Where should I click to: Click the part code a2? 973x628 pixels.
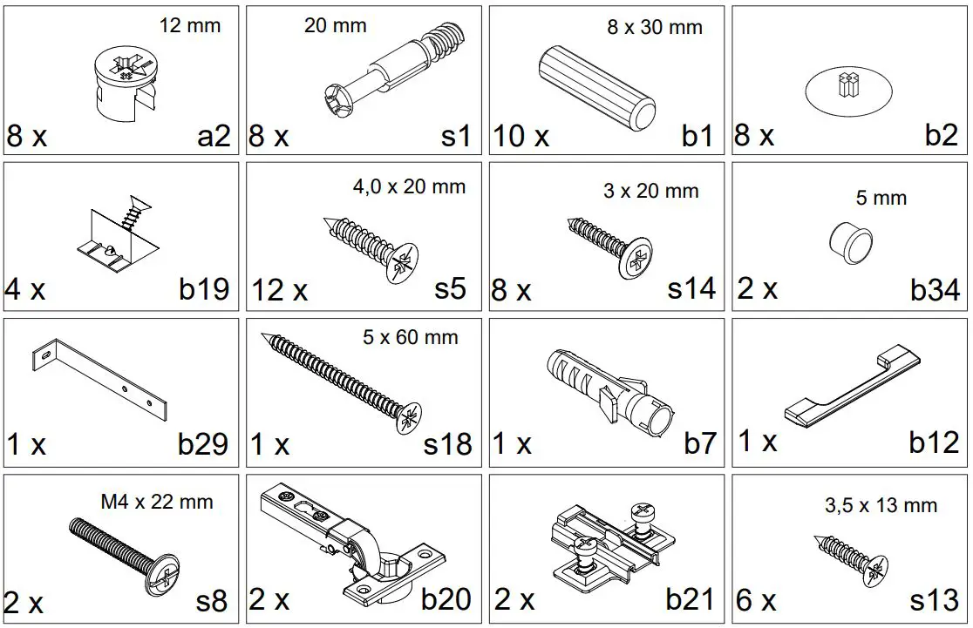point(213,136)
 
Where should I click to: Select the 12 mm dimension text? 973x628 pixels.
point(189,25)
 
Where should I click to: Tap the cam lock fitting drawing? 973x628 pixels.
point(124,84)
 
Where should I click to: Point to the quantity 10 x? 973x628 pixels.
point(521,137)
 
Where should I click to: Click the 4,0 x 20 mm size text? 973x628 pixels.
point(409,186)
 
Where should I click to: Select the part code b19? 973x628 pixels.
point(204,289)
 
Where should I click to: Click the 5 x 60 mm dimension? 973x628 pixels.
point(410,336)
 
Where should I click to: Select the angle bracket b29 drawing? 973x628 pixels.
point(99,381)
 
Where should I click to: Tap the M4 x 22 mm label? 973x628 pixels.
point(157,502)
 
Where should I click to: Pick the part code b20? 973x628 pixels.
point(446,599)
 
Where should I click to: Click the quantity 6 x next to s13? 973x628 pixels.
point(756,601)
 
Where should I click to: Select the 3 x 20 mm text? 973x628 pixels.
point(650,191)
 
